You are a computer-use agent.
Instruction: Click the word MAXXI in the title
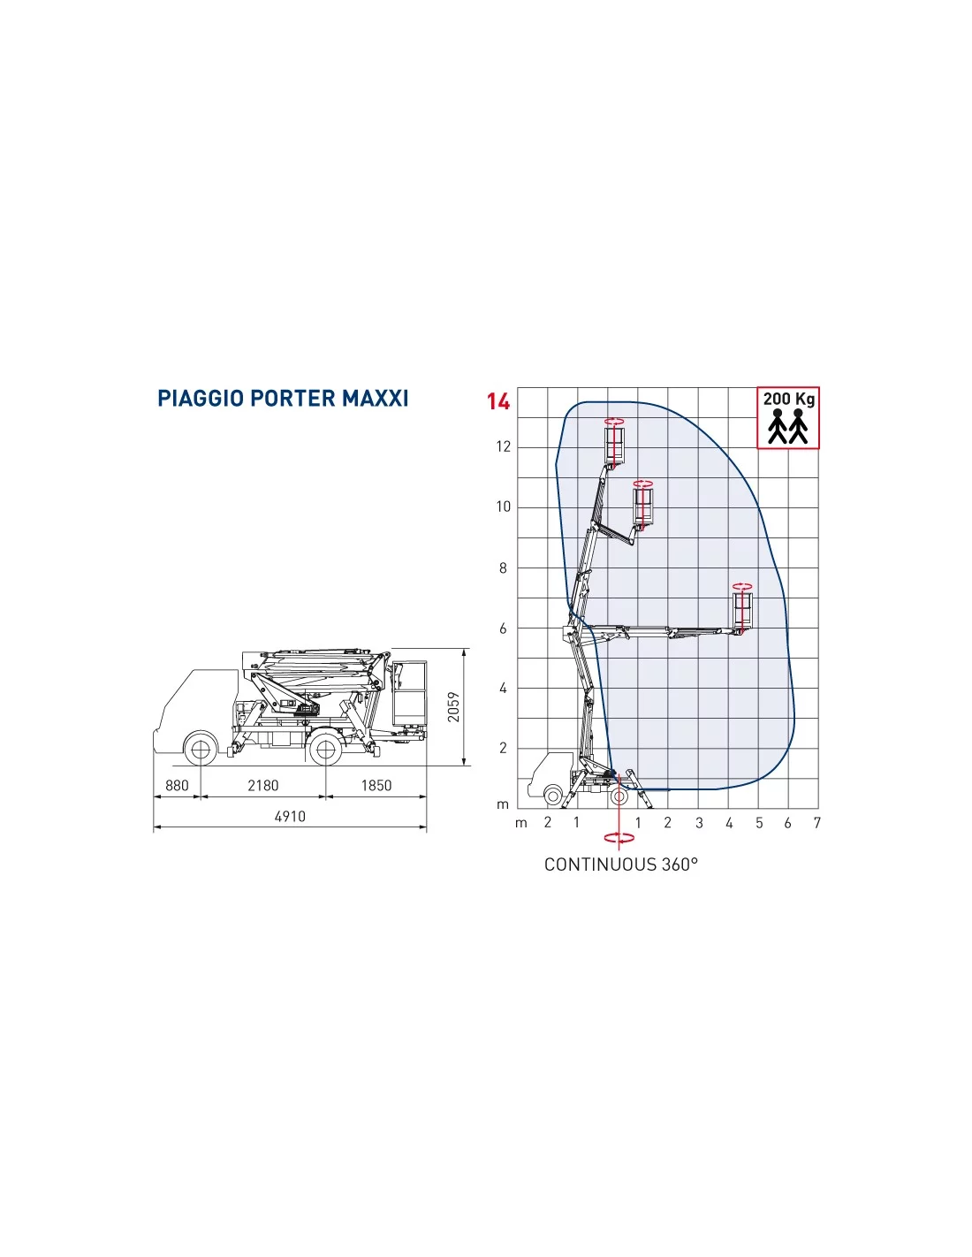tap(376, 399)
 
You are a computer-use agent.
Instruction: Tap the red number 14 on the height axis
tap(497, 401)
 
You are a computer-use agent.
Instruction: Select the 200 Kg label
tap(788, 400)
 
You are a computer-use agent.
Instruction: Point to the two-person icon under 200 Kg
tap(787, 426)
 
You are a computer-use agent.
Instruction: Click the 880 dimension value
tap(177, 785)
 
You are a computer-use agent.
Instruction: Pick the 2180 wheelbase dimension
tap(263, 785)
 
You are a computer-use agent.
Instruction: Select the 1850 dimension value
tap(376, 785)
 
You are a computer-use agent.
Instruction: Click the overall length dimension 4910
tap(290, 816)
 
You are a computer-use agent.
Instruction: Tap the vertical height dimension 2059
tap(454, 706)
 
